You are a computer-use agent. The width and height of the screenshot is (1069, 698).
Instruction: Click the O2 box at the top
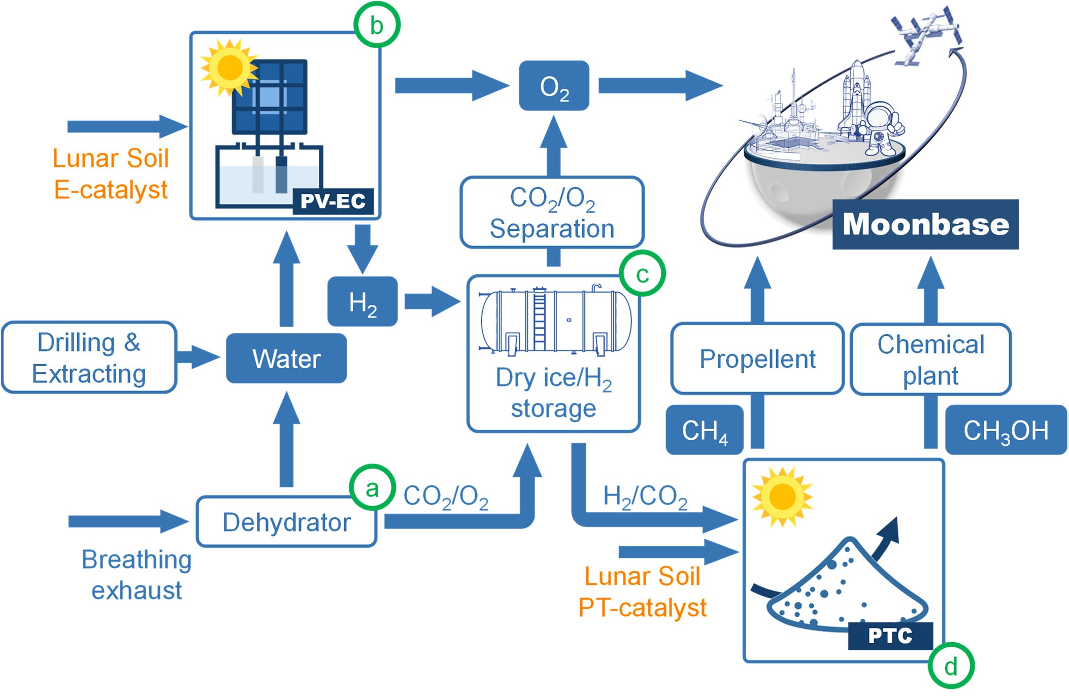click(x=554, y=86)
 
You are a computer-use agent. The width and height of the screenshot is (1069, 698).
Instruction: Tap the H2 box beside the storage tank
click(x=362, y=301)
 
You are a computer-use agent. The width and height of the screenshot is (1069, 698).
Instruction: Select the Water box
click(x=286, y=358)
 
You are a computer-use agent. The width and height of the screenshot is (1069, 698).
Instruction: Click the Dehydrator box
click(x=286, y=522)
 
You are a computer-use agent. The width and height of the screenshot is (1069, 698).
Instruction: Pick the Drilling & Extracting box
click(x=89, y=358)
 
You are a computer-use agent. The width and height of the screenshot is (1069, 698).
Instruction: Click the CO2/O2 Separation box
click(x=552, y=213)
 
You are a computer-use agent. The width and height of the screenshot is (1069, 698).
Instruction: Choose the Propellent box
click(x=757, y=359)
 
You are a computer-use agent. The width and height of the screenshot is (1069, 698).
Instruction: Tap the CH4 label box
click(x=705, y=430)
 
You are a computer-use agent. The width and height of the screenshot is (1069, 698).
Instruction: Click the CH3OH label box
click(x=1006, y=430)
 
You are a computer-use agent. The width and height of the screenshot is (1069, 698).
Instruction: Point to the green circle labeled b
click(x=377, y=25)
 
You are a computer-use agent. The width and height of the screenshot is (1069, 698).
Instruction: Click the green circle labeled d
click(x=951, y=666)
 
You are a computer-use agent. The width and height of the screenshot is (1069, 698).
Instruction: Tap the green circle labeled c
click(x=642, y=273)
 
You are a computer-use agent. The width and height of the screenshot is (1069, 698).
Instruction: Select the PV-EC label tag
click(x=333, y=201)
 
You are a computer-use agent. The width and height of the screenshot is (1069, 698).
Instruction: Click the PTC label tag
click(x=890, y=635)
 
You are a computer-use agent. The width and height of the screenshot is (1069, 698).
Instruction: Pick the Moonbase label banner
click(x=925, y=224)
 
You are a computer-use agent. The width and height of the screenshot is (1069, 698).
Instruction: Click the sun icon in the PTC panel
click(x=782, y=497)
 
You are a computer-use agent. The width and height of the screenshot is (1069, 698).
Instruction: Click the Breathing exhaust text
click(x=137, y=575)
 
